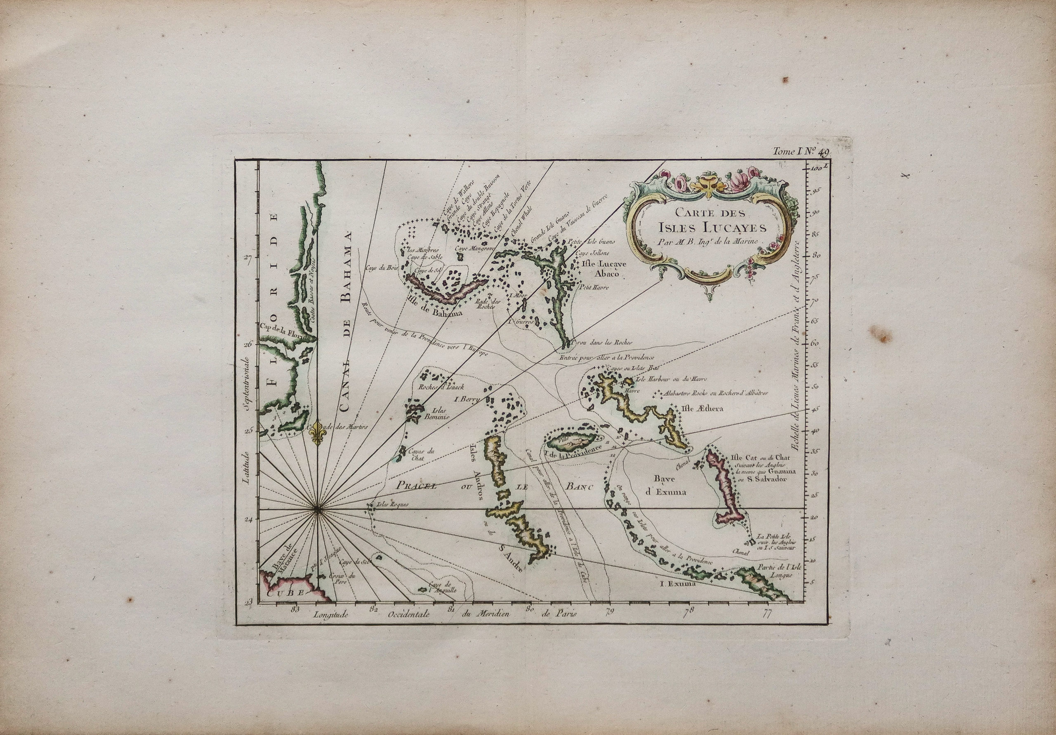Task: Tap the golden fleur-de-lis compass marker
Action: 317,432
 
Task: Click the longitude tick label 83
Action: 295,610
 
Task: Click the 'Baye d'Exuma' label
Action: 672,486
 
